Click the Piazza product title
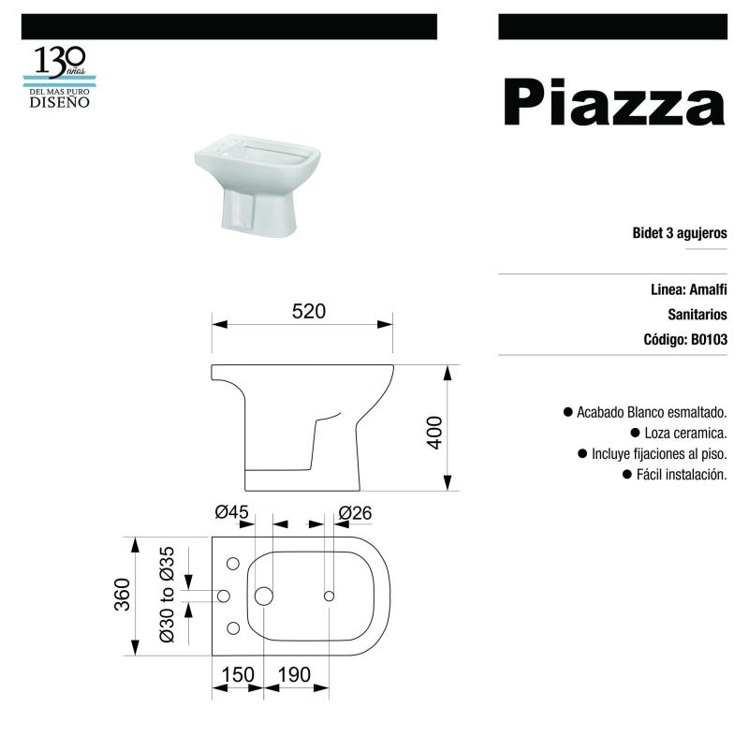tap(614, 104)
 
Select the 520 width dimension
tap(308, 313)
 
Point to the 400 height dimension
tap(433, 432)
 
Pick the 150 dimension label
tap(238, 675)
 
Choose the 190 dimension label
tap(295, 675)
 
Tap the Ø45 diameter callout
tap(230, 512)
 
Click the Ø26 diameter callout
tap(355, 512)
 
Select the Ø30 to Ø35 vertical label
tap(168, 595)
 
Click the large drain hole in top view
tap(263, 596)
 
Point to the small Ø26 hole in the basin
tap(329, 596)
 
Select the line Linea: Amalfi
tap(688, 290)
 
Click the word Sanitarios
tap(698, 316)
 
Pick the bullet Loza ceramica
tap(685, 433)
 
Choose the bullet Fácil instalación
tap(681, 475)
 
